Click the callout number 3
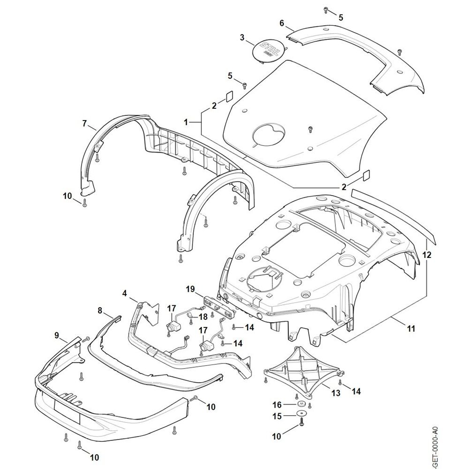point(242,38)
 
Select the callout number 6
point(281,23)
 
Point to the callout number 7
point(84,123)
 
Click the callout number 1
point(186,121)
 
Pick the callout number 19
point(190,289)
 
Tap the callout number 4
point(124,294)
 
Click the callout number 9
point(56,335)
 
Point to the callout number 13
point(336,393)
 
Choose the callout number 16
point(276,404)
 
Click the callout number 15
point(276,416)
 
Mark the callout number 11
point(411,329)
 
